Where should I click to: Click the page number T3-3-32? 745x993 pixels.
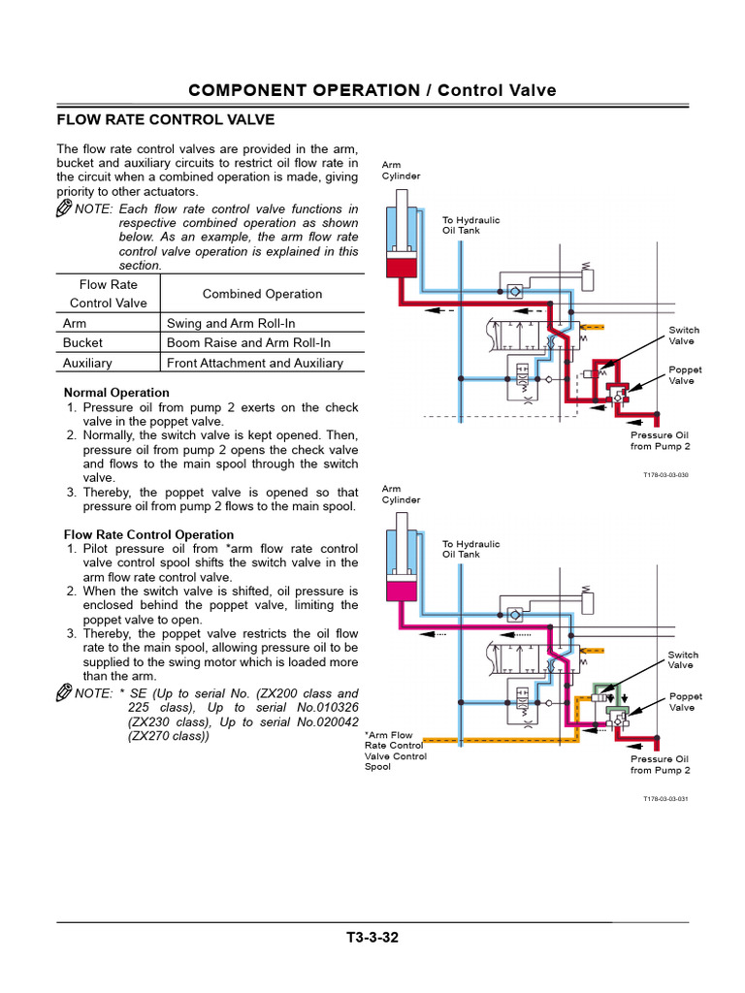[372, 938]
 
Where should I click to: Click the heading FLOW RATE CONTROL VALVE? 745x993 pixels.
[165, 119]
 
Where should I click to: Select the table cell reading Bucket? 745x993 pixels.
[82, 342]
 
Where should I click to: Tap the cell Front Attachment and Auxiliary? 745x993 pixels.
[255, 363]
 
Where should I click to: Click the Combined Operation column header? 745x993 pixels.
[262, 294]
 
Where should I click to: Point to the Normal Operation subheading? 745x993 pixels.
[116, 393]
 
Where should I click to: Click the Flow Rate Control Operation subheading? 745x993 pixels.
[148, 534]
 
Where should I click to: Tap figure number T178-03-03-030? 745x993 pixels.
[664, 475]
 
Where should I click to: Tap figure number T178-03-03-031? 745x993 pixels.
[664, 799]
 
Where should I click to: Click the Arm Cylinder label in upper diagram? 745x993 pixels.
[401, 171]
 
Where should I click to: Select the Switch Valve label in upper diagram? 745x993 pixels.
[683, 336]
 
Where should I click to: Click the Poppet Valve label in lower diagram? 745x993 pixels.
[685, 702]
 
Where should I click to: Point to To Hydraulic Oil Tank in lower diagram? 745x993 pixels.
[470, 549]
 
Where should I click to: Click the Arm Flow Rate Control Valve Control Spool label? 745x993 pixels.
[395, 751]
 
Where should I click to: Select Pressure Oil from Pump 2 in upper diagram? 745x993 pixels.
[660, 441]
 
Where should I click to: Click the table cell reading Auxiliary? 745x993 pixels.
[87, 363]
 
